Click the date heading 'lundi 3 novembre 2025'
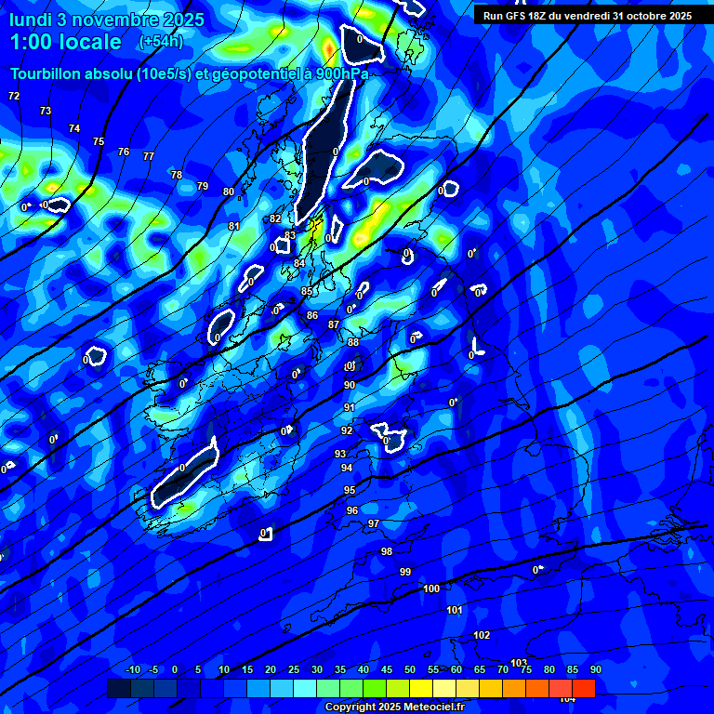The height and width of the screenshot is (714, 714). click(x=106, y=19)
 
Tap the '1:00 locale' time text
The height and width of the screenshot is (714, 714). click(x=66, y=42)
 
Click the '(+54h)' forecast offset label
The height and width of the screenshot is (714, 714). click(x=161, y=42)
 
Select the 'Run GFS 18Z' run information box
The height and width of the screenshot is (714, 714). click(x=587, y=16)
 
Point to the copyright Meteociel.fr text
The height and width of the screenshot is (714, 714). click(x=394, y=707)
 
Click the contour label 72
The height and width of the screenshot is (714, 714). click(x=14, y=96)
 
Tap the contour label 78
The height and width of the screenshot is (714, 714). click(x=177, y=175)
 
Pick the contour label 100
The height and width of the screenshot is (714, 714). click(x=431, y=588)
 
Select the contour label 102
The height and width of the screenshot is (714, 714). click(x=482, y=635)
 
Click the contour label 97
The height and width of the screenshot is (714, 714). click(x=374, y=523)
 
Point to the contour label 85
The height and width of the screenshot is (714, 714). click(x=307, y=291)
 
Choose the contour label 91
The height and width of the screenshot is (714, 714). click(x=350, y=407)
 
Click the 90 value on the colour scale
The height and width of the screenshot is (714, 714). click(x=595, y=669)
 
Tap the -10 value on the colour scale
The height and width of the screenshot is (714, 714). click(x=132, y=669)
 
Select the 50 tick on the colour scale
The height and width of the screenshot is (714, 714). click(x=410, y=669)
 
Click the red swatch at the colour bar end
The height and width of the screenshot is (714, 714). click(x=584, y=688)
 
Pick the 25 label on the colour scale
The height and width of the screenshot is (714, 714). click(x=294, y=669)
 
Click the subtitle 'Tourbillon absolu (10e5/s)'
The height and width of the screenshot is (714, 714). click(x=100, y=74)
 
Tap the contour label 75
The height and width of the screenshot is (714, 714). click(x=99, y=141)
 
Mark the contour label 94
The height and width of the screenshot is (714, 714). click(x=347, y=468)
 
